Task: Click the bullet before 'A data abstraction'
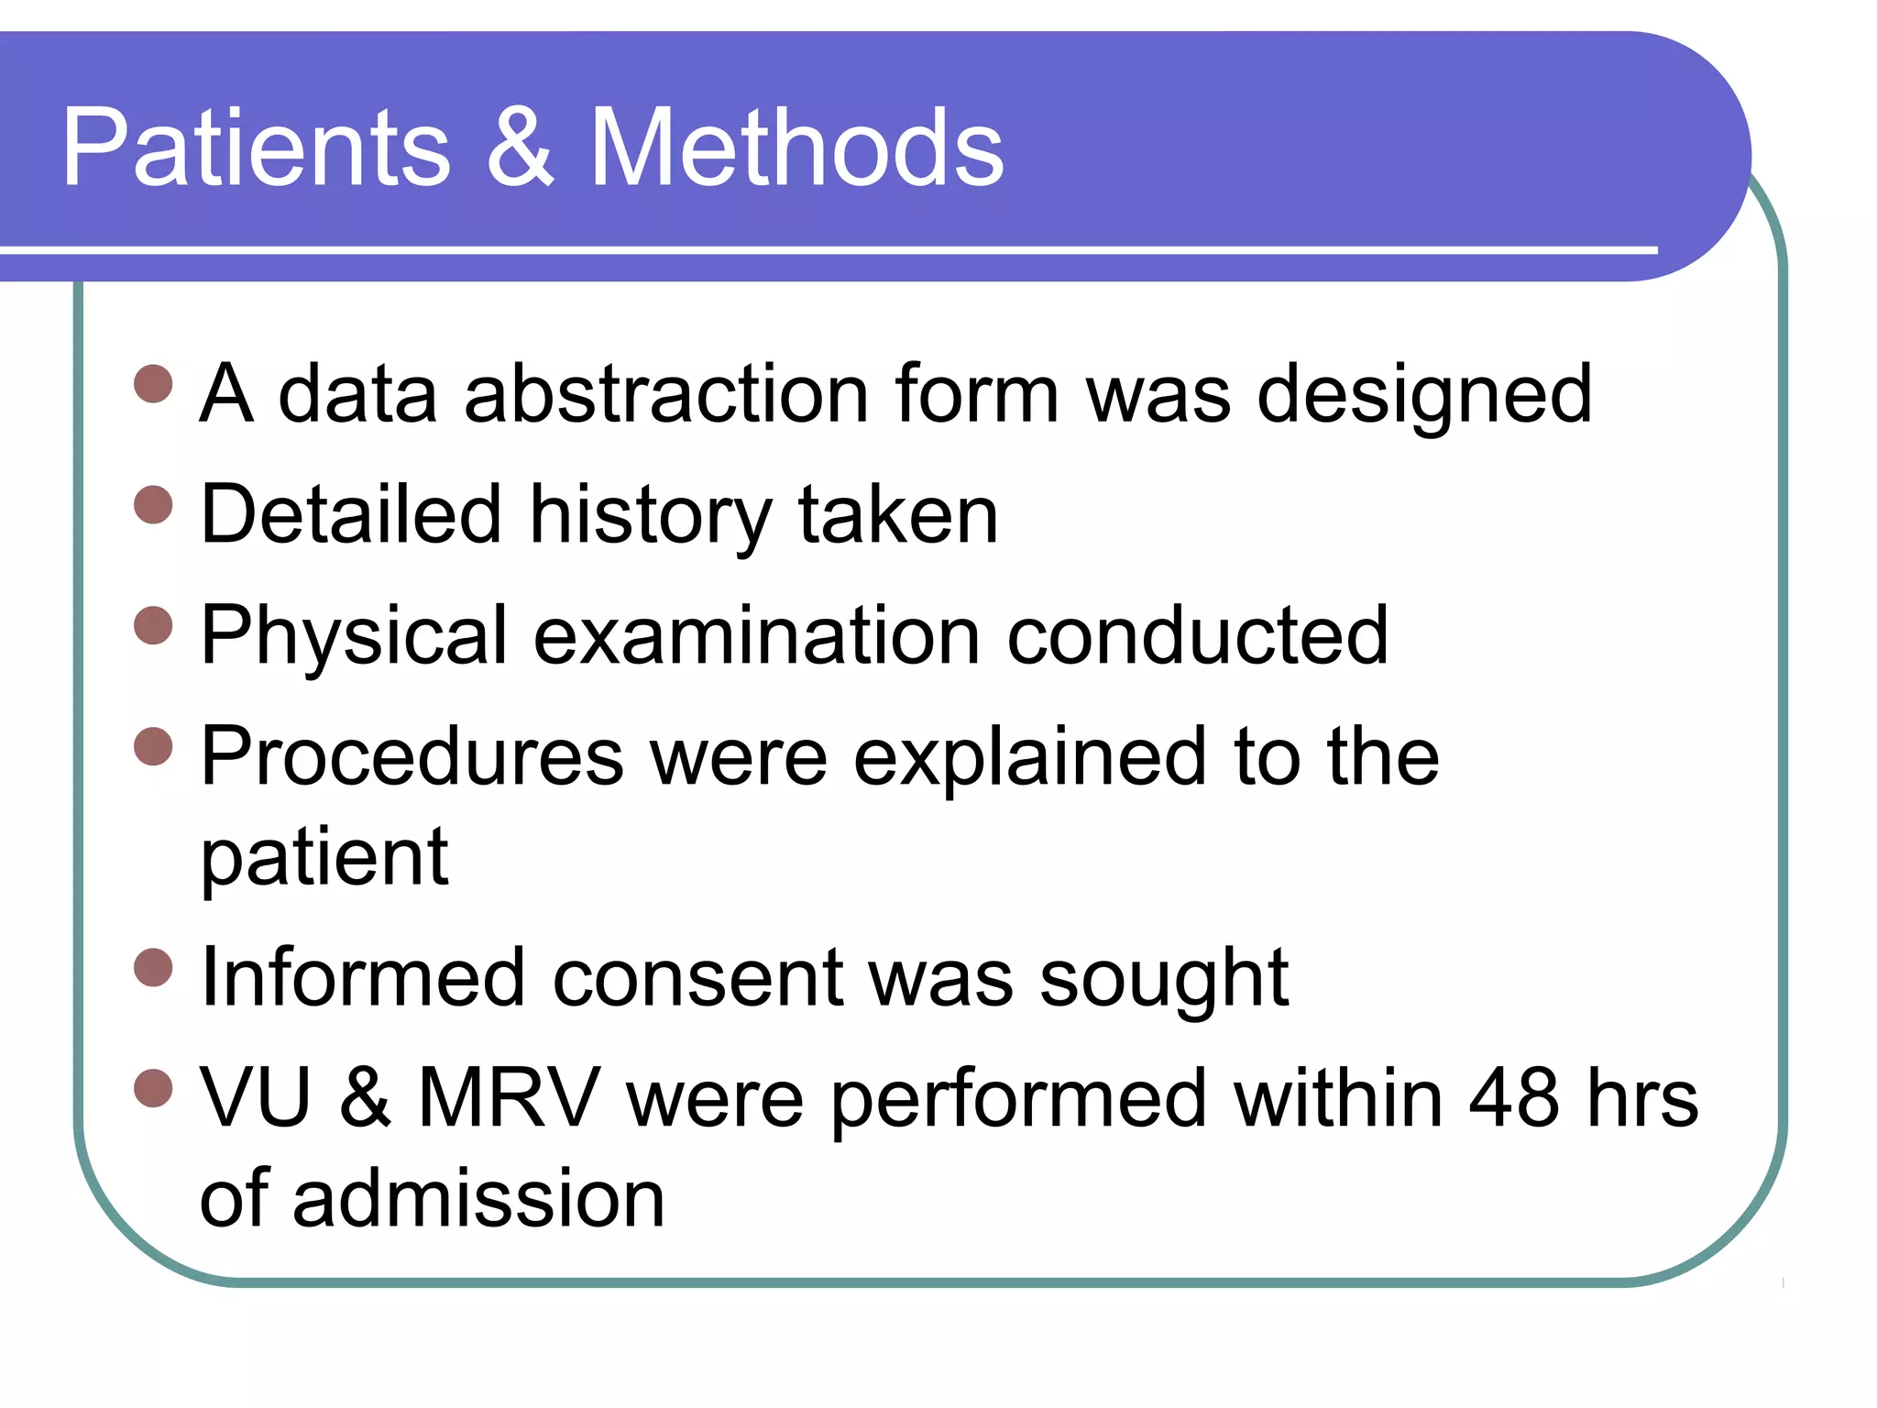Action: [153, 384]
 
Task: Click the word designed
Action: [1424, 396]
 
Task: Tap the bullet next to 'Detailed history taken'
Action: [153, 505]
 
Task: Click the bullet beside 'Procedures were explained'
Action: [153, 746]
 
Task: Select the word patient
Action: [324, 859]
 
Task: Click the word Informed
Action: [363, 977]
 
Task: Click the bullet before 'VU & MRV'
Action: [153, 1088]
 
